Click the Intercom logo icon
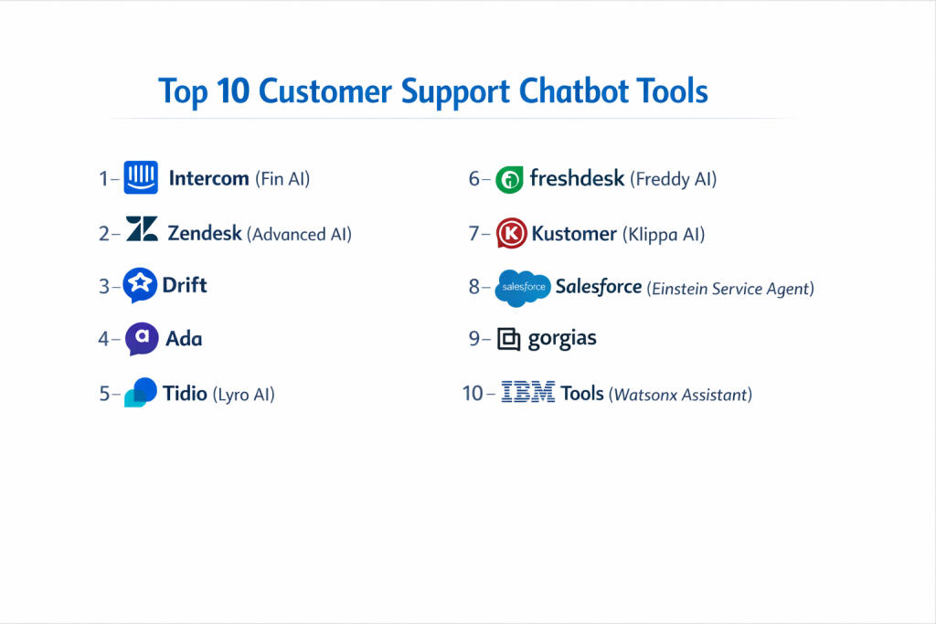coord(141,177)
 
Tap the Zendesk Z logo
coord(142,228)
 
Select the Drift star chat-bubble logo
coord(140,284)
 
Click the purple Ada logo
coord(142,339)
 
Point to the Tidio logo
coord(141,392)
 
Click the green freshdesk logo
coord(509,179)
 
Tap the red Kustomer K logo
coord(512,233)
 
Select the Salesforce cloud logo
coord(523,288)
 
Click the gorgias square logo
coord(509,339)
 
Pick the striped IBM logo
coord(528,392)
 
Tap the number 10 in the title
coord(233,91)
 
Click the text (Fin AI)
coord(282,179)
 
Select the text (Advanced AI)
coord(299,234)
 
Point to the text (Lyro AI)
coord(243,395)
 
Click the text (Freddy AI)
coord(674,179)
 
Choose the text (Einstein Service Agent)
coord(730,289)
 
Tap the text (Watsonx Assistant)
coord(680,395)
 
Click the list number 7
coord(474,233)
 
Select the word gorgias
coord(562,339)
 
